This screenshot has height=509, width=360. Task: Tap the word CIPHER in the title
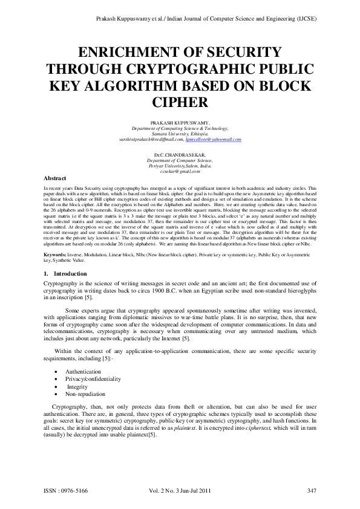[x=180, y=102]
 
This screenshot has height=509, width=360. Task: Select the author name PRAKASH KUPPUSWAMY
[x=180, y=123]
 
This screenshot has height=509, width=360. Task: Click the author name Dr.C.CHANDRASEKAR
[x=180, y=155]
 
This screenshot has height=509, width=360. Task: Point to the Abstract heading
[x=55, y=178]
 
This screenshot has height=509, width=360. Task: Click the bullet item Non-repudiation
[x=84, y=394]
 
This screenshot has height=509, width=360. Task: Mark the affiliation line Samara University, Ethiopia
[x=180, y=134]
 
